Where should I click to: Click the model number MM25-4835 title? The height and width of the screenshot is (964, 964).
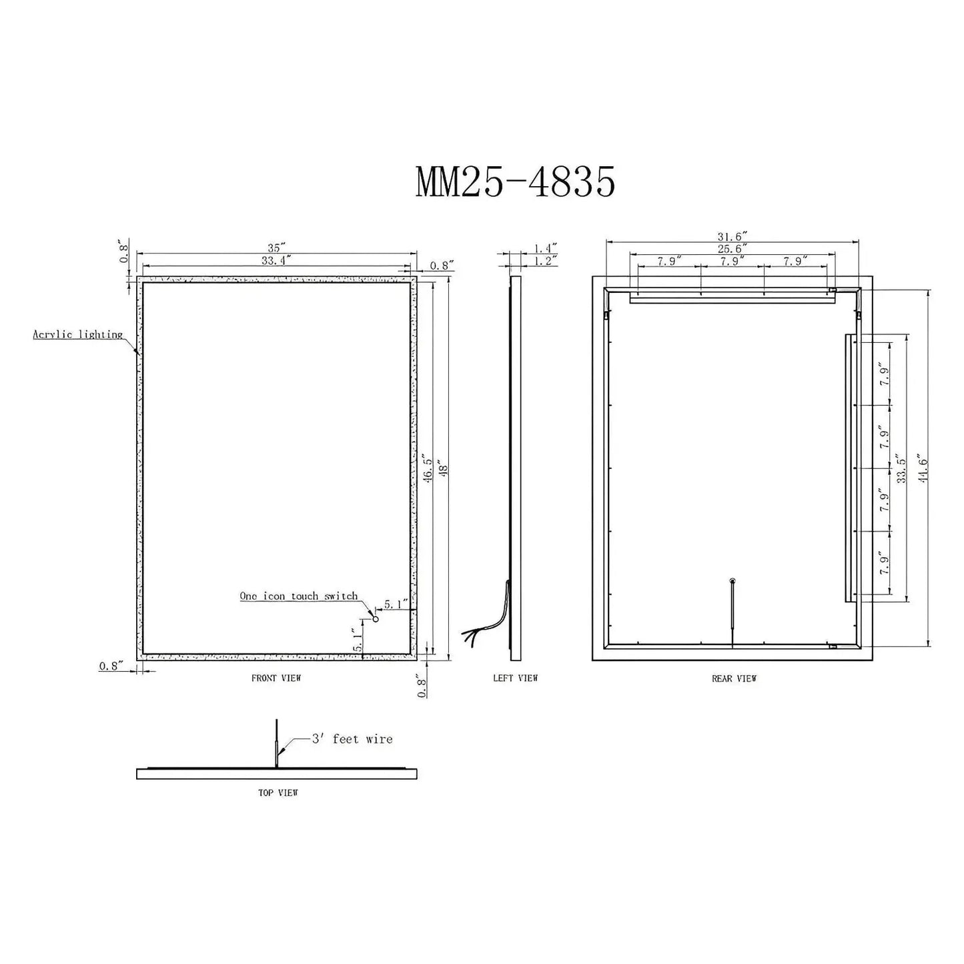pos(515,183)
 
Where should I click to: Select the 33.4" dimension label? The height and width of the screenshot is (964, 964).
pos(274,260)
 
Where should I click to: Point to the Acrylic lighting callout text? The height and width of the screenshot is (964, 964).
pos(78,334)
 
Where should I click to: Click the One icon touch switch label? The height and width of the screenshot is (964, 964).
pos(299,596)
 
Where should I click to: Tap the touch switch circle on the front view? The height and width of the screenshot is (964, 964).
pos(375,619)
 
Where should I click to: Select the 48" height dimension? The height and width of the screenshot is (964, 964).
pos(441,470)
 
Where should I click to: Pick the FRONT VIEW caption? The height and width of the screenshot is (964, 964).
pos(276,678)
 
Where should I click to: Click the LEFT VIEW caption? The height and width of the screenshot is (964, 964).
pos(515,678)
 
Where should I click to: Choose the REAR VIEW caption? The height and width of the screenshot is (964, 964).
pos(734,678)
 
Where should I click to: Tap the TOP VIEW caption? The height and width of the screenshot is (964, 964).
pos(278,793)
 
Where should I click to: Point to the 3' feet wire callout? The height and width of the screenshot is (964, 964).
pos(352,739)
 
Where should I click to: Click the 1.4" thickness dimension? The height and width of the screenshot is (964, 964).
pos(545,248)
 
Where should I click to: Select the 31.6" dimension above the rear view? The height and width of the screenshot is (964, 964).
pos(733,236)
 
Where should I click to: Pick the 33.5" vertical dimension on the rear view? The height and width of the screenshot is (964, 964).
pos(901,470)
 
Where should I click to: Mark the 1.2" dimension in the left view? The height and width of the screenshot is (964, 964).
pos(545,260)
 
